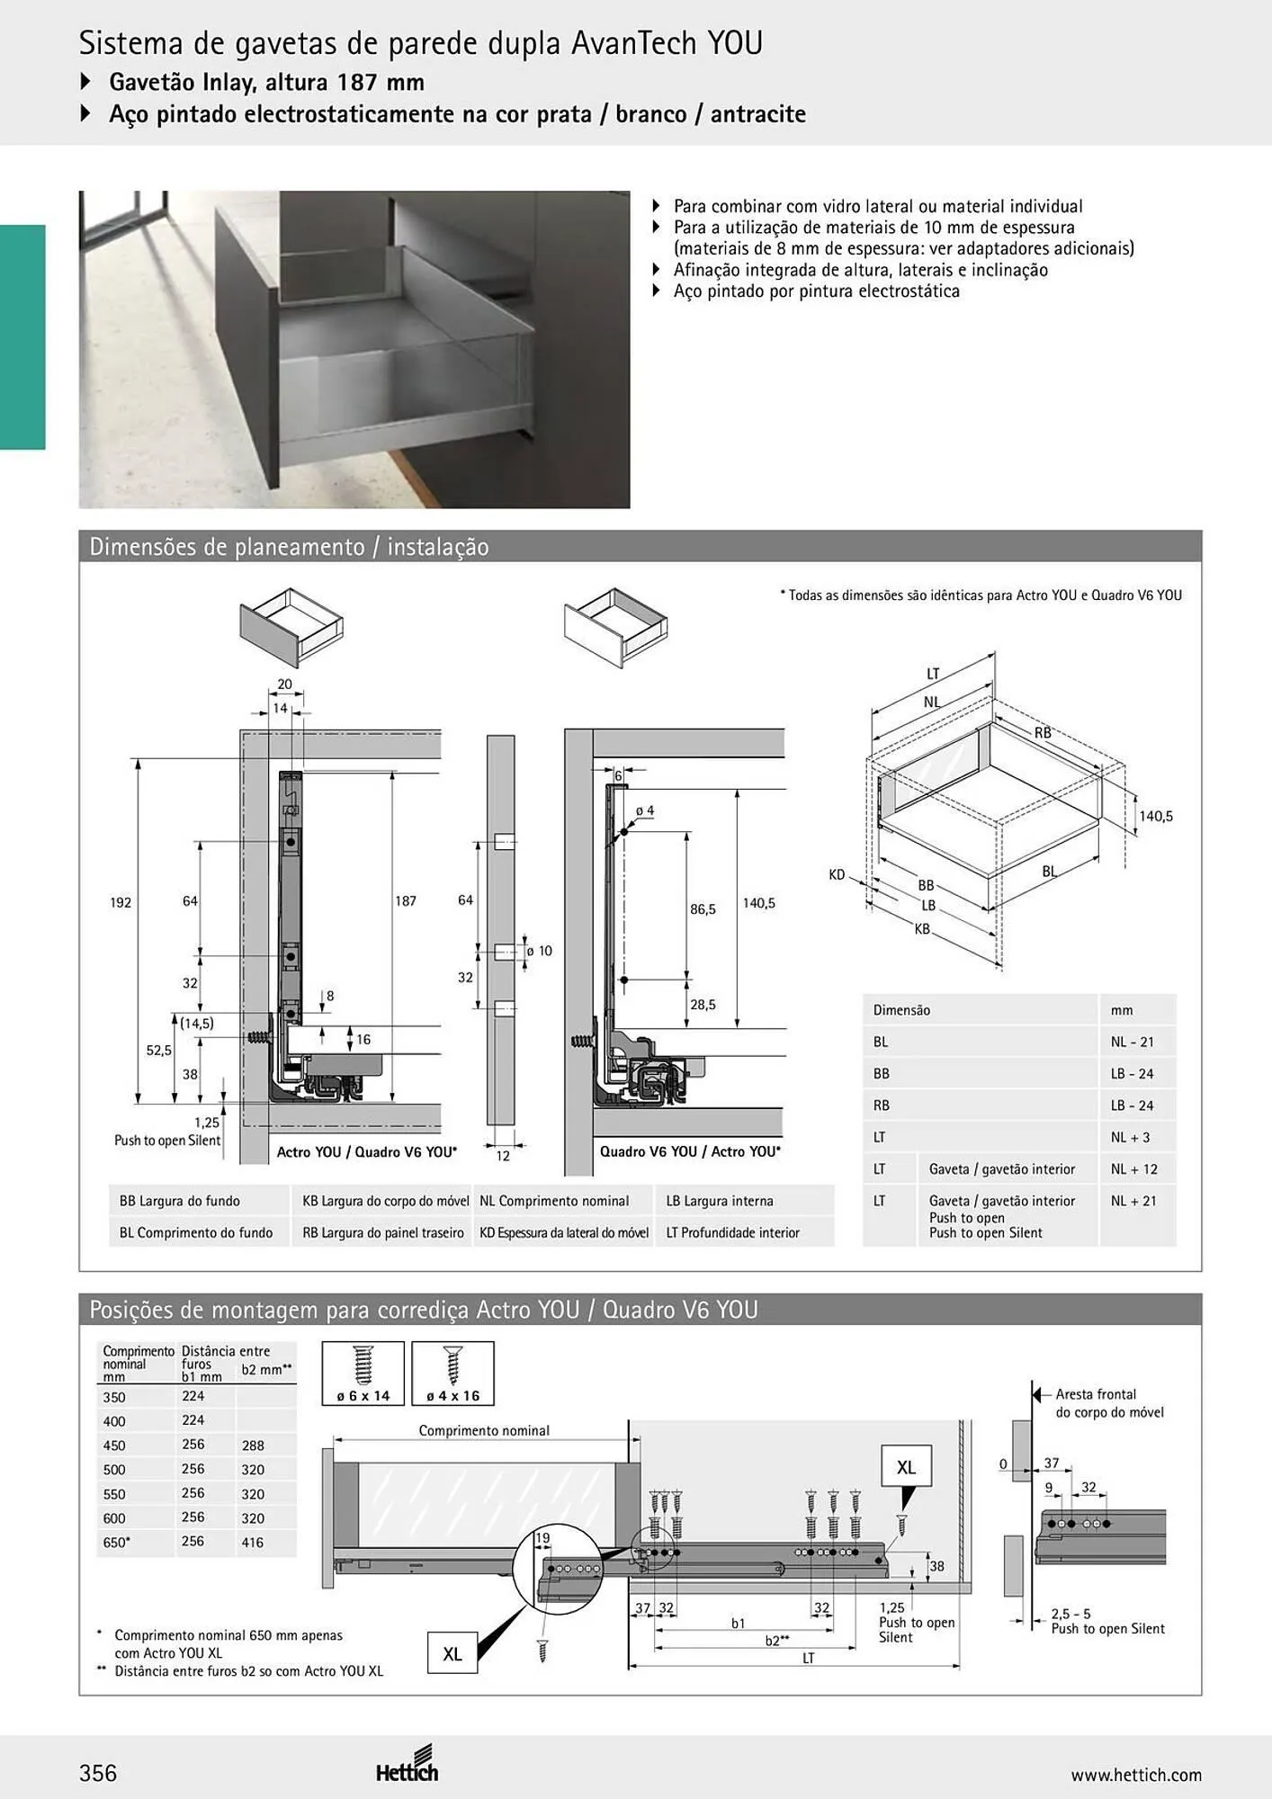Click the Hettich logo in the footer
(408, 1766)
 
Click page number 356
(98, 1773)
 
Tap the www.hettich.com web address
(1136, 1775)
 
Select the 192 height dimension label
(121, 902)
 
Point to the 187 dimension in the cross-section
(406, 900)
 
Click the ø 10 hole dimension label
(539, 951)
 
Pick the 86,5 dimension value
(703, 909)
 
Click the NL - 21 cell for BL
(1132, 1042)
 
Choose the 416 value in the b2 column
(253, 1542)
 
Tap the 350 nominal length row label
(114, 1397)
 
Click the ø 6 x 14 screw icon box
(363, 1373)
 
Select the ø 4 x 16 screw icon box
(452, 1373)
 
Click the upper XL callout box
(906, 1467)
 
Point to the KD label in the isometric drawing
(837, 874)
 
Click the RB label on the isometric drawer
(1043, 733)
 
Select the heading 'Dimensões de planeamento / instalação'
(289, 547)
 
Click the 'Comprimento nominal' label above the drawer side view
(484, 1430)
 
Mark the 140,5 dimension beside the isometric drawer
(1156, 816)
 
